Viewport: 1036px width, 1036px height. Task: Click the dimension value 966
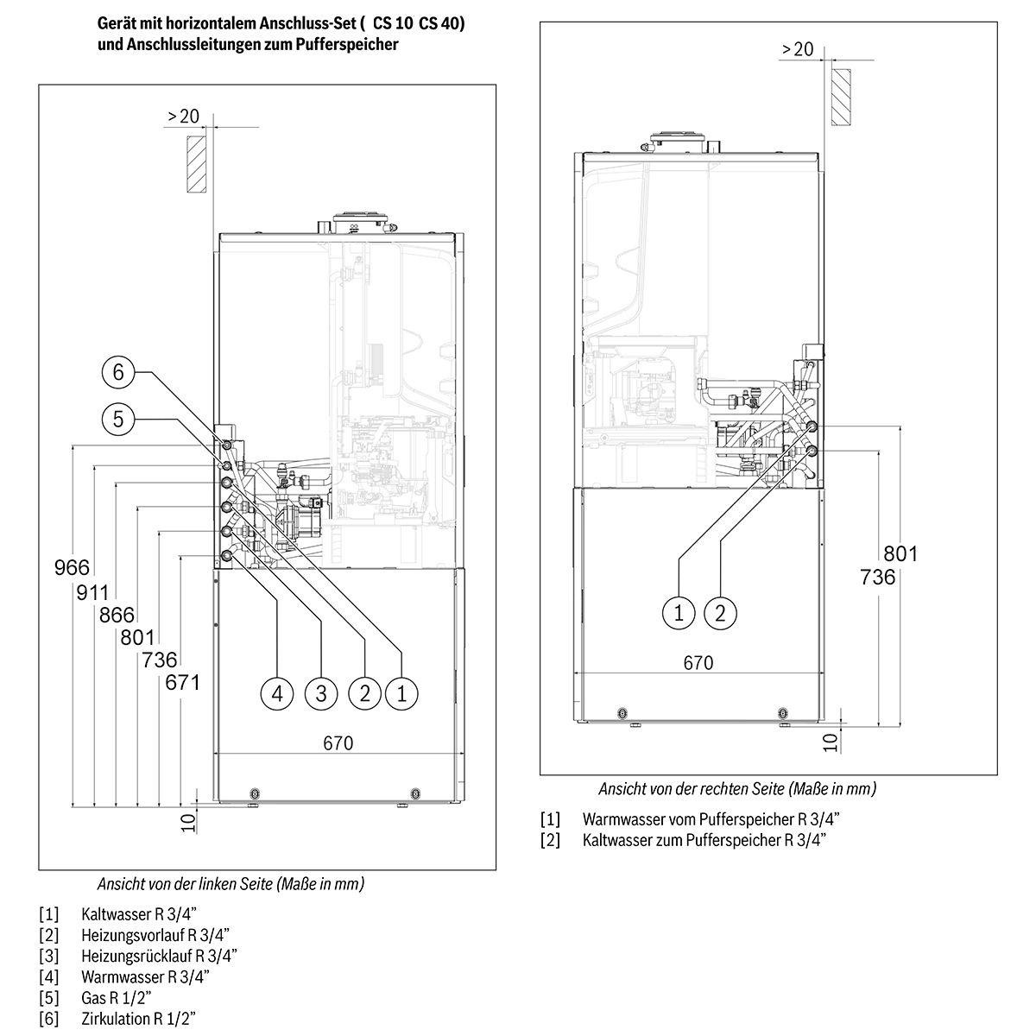72,568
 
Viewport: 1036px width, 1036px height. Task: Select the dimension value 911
92,592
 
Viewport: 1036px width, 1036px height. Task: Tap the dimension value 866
117,615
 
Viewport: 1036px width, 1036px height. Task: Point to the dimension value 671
183,683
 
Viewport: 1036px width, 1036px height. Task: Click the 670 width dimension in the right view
698,663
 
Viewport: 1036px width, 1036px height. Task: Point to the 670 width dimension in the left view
338,743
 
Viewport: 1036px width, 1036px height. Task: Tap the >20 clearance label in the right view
798,49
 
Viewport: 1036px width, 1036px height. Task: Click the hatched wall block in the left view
196,164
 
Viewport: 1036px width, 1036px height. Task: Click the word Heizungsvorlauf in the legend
133,935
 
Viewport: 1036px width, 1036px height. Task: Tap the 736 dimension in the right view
878,578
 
